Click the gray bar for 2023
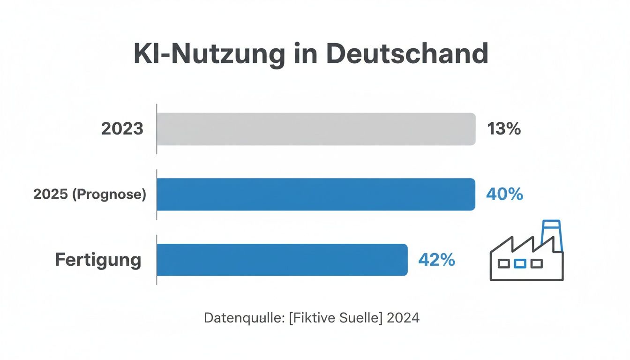[x=316, y=129]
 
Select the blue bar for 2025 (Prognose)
[x=316, y=195]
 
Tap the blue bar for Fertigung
[x=282, y=260]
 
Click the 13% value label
[x=504, y=129]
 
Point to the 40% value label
[x=504, y=194]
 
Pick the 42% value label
[x=436, y=260]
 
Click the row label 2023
[x=122, y=129]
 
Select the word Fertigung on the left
[x=98, y=260]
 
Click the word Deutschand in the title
[x=407, y=54]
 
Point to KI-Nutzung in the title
[x=209, y=54]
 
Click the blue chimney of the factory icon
[x=551, y=232]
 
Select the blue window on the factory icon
[x=520, y=264]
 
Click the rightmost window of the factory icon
[x=536, y=264]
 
